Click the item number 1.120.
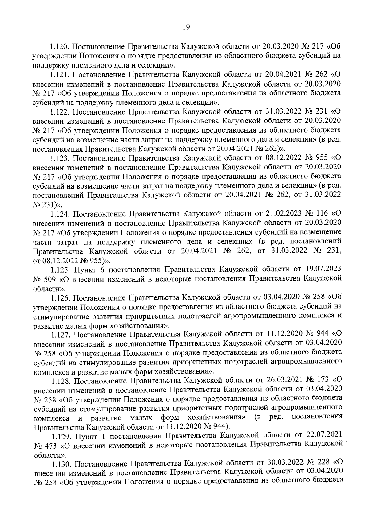point(60,47)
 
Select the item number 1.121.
point(60,75)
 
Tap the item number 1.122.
point(60,112)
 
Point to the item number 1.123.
point(60,158)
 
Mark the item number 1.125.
point(60,270)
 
